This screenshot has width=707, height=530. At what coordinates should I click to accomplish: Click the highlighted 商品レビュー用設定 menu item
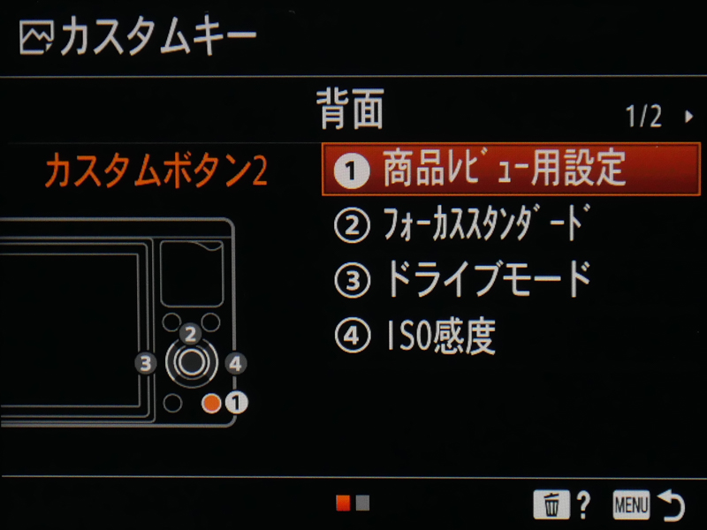point(511,170)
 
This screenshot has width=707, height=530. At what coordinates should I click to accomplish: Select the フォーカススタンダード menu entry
point(462,224)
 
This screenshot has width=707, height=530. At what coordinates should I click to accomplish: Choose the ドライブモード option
point(462,279)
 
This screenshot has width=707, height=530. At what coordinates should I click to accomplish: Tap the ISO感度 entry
point(414,336)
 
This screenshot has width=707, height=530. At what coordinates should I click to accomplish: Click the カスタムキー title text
point(158,35)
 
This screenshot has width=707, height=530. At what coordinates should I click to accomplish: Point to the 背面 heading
point(350,109)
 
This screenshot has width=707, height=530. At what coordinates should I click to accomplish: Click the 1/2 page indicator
point(643,117)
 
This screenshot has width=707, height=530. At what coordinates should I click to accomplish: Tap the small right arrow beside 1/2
point(688,117)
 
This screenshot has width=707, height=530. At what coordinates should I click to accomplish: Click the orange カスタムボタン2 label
point(156,170)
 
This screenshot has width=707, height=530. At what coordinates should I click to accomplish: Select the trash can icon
point(551,504)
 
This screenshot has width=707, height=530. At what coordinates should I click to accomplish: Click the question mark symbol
point(583,504)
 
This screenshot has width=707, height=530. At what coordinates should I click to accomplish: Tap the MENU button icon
point(631,504)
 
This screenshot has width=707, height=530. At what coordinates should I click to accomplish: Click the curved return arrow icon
point(672,504)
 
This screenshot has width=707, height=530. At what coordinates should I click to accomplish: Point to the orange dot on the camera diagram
point(211,403)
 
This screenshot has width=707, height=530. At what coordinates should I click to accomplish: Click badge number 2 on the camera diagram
point(190,335)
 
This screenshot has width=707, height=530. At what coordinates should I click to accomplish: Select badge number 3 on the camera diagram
point(146,363)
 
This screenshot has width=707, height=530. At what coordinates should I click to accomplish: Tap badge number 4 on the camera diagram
point(235,363)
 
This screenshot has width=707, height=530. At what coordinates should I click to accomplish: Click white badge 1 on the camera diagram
point(236,403)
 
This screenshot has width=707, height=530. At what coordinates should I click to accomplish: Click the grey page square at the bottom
point(362,503)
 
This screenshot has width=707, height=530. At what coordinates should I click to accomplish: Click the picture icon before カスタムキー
point(36,38)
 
